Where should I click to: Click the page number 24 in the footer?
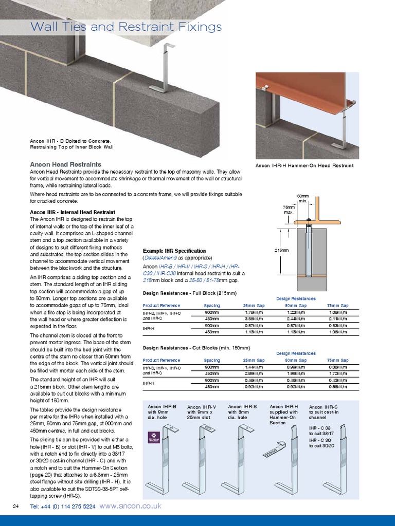pyautogui.click(x=15, y=506)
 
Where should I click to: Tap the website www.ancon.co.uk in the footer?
pyautogui.click(x=130, y=506)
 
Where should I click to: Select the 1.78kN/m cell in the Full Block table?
pyautogui.click(x=253, y=312)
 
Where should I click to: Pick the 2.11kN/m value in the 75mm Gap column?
pyautogui.click(x=337, y=318)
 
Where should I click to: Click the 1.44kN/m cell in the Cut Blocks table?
pyautogui.click(x=253, y=367)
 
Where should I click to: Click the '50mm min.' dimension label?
pyautogui.click(x=303, y=198)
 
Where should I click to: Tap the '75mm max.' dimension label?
pyautogui.click(x=289, y=210)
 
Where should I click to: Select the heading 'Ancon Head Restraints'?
pyautogui.click(x=65, y=164)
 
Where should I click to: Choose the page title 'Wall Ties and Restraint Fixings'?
pyautogui.click(x=126, y=27)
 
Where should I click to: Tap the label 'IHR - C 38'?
pyautogui.click(x=320, y=427)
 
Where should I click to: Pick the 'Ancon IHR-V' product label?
pyautogui.click(x=202, y=407)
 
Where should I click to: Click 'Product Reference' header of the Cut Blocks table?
pyautogui.click(x=161, y=360)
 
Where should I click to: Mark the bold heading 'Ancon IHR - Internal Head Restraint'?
pyautogui.click(x=72, y=212)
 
